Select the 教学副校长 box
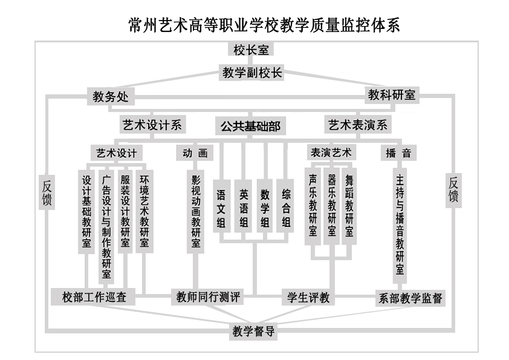click(x=252, y=73)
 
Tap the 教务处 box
click(x=111, y=97)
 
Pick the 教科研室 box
click(x=392, y=95)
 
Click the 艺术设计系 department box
click(x=152, y=125)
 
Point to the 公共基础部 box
click(x=250, y=126)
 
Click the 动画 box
click(x=195, y=153)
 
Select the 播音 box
click(x=399, y=153)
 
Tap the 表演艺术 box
click(x=331, y=152)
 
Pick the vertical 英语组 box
click(x=244, y=209)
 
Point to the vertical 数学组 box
click(x=265, y=209)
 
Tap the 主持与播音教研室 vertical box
click(x=400, y=224)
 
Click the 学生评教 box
click(x=308, y=298)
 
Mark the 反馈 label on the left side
click(x=47, y=192)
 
